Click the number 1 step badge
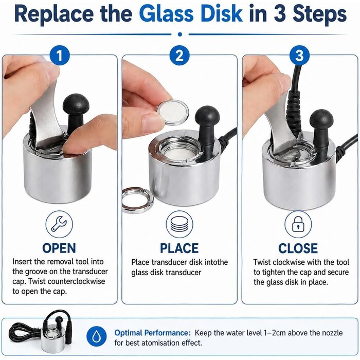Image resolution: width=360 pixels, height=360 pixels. click(60, 56)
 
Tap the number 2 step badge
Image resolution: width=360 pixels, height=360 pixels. click(179, 56)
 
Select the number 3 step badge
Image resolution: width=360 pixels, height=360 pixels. click(299, 56)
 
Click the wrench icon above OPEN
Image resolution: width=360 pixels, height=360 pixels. click(59, 224)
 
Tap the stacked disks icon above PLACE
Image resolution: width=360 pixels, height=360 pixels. click(179, 224)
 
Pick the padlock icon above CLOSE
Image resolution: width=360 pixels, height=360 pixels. click(298, 224)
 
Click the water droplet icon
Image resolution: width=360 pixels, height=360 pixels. click(96, 336)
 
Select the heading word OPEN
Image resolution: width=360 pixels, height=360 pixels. click(59, 248)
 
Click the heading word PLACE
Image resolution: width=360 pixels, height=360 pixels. click(179, 248)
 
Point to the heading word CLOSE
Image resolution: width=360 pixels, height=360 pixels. click(298, 248)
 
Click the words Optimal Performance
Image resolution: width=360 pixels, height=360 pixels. click(152, 333)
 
